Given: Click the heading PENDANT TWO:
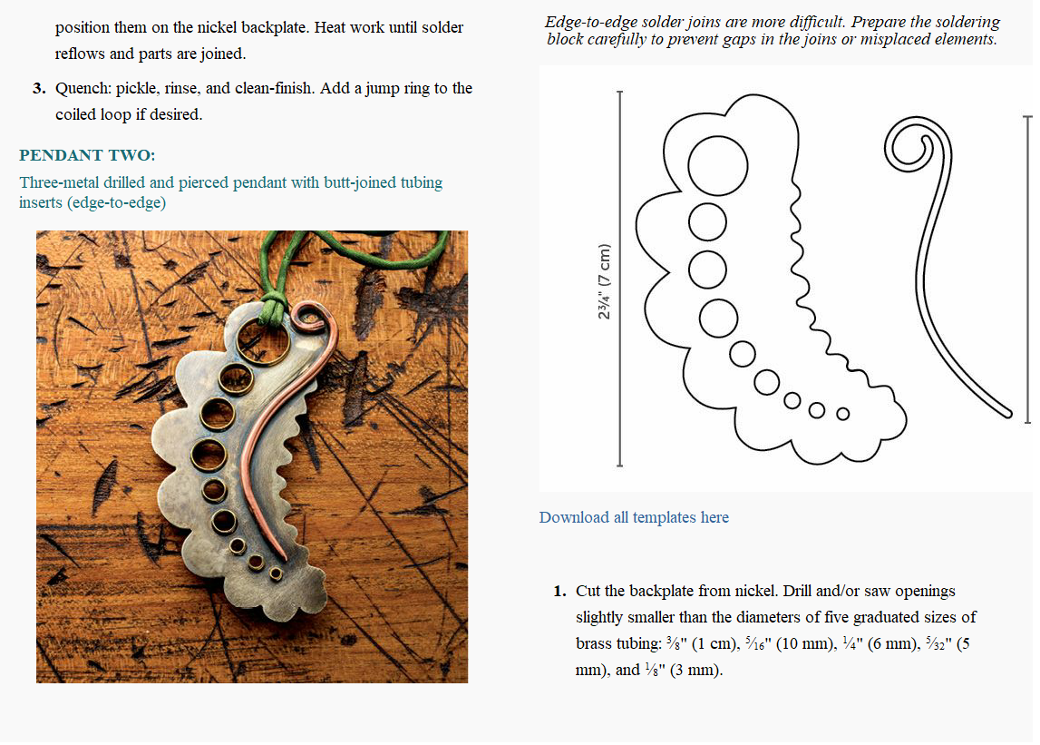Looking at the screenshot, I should [87, 155].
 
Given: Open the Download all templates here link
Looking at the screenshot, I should [634, 517].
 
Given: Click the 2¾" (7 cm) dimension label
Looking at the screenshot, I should [605, 280].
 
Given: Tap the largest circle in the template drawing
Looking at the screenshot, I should [719, 164].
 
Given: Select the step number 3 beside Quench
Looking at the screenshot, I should [39, 89].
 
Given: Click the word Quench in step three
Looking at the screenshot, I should [82, 89].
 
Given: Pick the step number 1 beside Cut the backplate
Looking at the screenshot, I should [560, 592].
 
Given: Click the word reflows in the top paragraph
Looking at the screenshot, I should [80, 54].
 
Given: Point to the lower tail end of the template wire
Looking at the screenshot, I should [1004, 412].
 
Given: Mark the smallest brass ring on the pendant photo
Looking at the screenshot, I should [276, 573].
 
